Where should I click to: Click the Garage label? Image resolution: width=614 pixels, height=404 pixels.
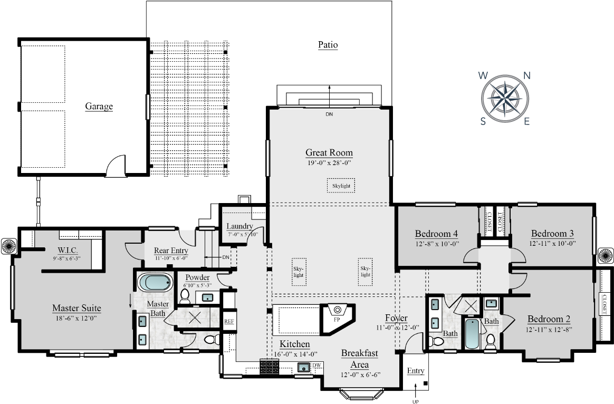[99, 107]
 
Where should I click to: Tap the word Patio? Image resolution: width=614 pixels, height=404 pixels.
[328, 45]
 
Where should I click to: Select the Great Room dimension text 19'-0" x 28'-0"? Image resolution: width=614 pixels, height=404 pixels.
[329, 163]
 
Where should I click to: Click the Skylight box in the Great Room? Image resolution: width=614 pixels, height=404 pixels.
[341, 186]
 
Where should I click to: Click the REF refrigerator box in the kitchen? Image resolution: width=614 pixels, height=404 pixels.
[229, 321]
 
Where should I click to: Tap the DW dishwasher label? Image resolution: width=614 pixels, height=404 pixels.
[316, 365]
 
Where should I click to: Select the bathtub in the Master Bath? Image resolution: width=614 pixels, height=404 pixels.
[155, 282]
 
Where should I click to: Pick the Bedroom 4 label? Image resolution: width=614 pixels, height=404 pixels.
[436, 234]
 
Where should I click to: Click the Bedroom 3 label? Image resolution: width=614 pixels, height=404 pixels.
[552, 234]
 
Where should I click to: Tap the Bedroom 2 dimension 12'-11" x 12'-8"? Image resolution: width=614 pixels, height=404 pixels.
[549, 329]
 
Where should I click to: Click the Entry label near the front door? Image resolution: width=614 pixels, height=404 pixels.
[416, 371]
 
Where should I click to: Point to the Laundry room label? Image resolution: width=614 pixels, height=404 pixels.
[239, 226]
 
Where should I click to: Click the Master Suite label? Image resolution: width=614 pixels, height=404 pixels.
[76, 308]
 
